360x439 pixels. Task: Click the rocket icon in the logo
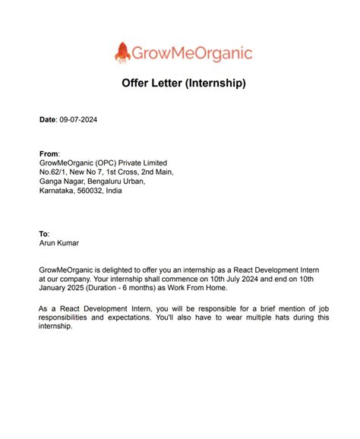tap(122, 52)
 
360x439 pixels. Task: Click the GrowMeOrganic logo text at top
tap(192, 53)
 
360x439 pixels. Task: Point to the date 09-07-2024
tap(78, 120)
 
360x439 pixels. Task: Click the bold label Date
tap(47, 120)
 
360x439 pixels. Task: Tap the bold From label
tap(49, 153)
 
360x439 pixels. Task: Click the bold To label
tap(43, 234)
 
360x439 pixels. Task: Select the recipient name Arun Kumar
tap(58, 244)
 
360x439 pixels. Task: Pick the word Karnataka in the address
tap(57, 191)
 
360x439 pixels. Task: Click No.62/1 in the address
tap(54, 172)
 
